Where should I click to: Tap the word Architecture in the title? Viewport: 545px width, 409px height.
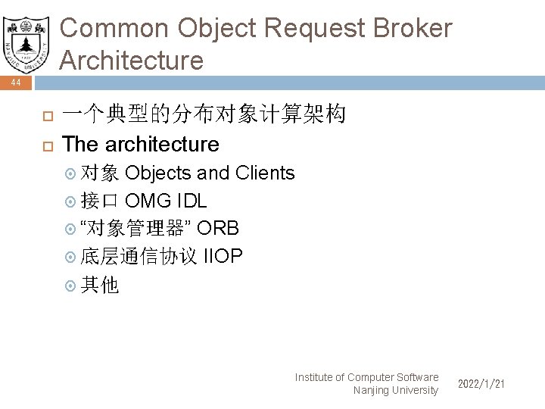tap(132, 60)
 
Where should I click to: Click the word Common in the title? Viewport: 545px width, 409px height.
tap(114, 29)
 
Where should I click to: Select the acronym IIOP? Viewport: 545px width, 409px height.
tap(223, 256)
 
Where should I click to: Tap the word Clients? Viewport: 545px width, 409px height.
tap(265, 173)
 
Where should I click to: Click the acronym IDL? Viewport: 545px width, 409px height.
tap(192, 201)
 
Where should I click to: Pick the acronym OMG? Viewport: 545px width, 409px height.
tap(148, 201)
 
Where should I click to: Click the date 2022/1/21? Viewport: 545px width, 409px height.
tap(481, 384)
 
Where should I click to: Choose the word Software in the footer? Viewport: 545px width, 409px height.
tap(416, 377)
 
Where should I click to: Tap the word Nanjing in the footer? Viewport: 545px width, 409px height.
tap(370, 390)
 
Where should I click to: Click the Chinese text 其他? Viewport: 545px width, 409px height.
tap(99, 285)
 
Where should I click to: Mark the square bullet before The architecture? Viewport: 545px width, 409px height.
tap(46, 145)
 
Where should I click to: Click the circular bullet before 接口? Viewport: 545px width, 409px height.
tap(71, 201)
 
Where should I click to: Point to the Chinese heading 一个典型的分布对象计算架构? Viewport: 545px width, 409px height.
tap(204, 114)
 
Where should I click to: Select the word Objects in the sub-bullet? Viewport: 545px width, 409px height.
tap(157, 173)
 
